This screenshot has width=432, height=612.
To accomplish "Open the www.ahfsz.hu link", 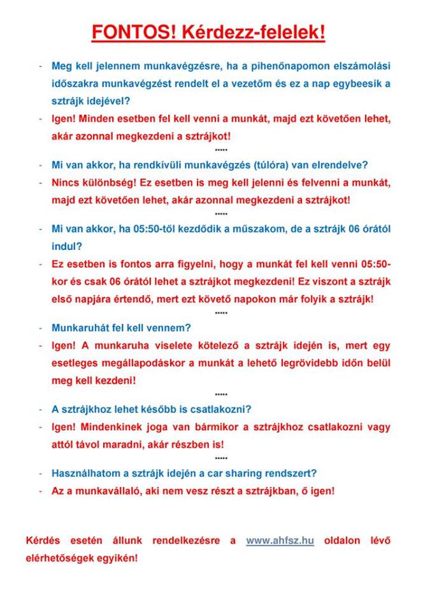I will coord(280,541).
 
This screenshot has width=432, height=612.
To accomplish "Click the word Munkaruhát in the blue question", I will coord(78,328).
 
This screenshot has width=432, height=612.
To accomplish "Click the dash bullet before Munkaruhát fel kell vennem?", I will coord(40,328).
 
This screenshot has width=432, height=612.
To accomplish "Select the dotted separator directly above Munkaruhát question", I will coord(221,313).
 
